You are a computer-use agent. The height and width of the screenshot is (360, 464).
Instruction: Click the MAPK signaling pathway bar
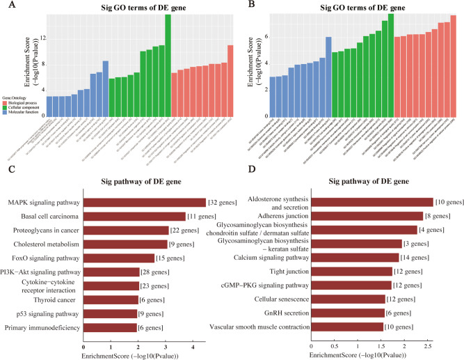pos(145,203)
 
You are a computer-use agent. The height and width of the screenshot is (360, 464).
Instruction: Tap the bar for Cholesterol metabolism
pos(125,244)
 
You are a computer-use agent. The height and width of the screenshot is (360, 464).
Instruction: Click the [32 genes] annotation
pos(223,203)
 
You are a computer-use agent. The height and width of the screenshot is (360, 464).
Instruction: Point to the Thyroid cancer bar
pos(111,299)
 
